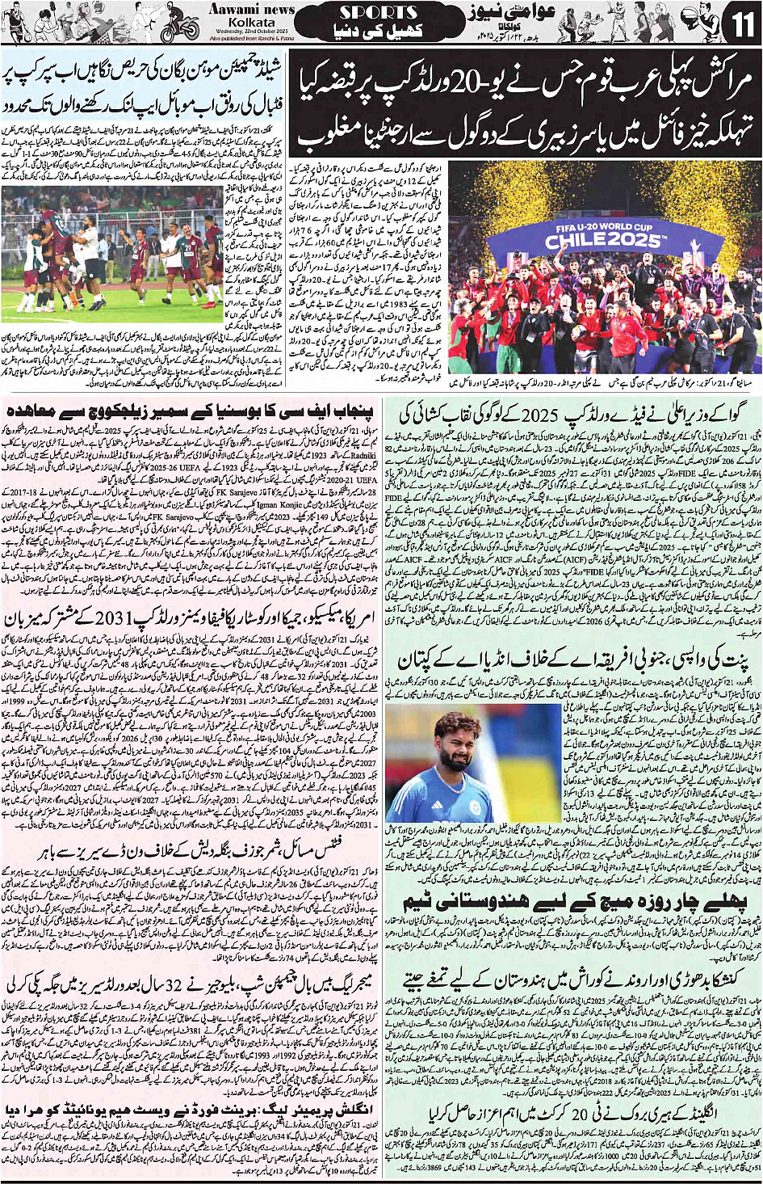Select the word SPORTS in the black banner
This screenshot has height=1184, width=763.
(378, 12)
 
